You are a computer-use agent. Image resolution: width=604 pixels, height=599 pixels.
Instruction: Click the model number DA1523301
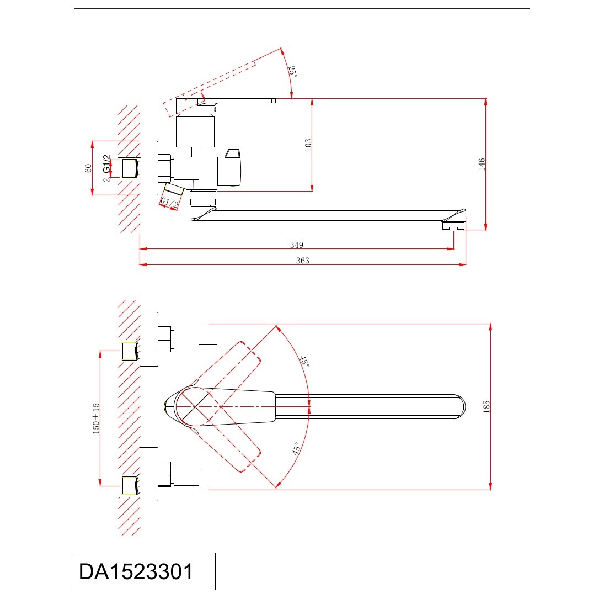[136, 571]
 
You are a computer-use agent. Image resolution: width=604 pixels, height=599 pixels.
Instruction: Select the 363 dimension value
[303, 261]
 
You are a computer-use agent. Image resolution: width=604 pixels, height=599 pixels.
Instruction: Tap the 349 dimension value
[297, 245]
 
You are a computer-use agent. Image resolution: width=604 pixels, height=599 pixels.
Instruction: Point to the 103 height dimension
[308, 145]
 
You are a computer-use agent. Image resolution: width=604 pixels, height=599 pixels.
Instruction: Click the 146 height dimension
[482, 164]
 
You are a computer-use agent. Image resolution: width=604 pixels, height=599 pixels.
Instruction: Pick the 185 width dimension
[486, 407]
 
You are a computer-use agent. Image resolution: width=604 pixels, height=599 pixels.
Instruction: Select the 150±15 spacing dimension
[96, 418]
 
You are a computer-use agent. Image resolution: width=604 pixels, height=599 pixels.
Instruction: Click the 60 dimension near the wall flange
[88, 168]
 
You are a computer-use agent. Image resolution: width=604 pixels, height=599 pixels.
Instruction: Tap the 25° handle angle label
[293, 72]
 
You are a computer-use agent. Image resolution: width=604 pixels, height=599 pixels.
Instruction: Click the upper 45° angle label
[304, 361]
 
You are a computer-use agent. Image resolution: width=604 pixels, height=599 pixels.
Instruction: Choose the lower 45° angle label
[296, 448]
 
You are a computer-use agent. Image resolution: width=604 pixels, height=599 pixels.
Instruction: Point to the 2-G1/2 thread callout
[106, 168]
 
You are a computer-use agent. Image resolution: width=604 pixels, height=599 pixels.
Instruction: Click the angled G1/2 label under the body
[170, 203]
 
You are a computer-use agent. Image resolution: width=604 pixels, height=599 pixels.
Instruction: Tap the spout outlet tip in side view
[454, 225]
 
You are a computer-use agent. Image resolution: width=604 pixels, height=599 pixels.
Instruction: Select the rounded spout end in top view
[458, 406]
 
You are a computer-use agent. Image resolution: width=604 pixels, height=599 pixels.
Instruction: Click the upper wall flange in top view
[149, 339]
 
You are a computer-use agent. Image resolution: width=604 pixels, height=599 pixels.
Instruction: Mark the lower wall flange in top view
[149, 474]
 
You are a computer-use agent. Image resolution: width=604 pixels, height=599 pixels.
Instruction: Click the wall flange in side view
[149, 168]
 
